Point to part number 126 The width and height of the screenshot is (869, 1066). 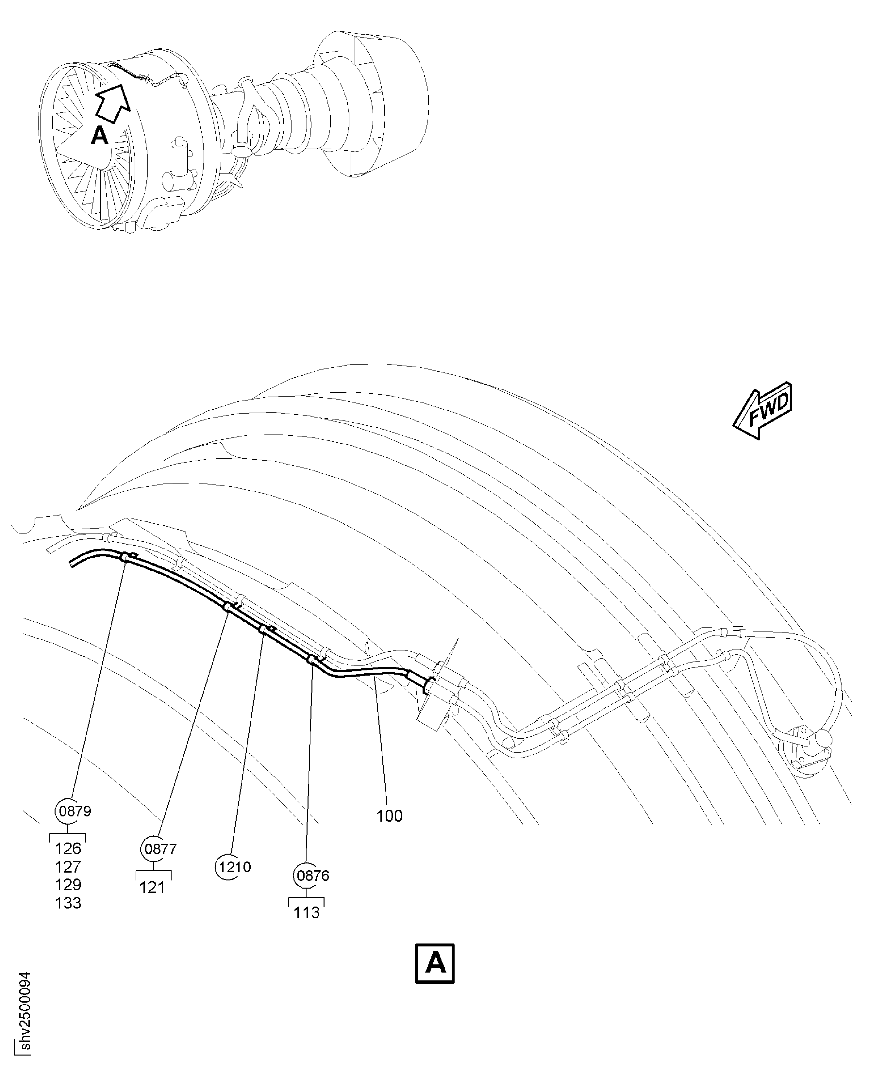(68, 849)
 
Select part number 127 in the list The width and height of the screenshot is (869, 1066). (68, 867)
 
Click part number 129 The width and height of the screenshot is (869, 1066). (68, 885)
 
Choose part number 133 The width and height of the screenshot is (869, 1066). (68, 903)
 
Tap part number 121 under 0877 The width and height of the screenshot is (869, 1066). (152, 887)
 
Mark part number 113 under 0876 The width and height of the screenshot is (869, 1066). (306, 913)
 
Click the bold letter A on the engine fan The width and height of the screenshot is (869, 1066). (100, 135)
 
